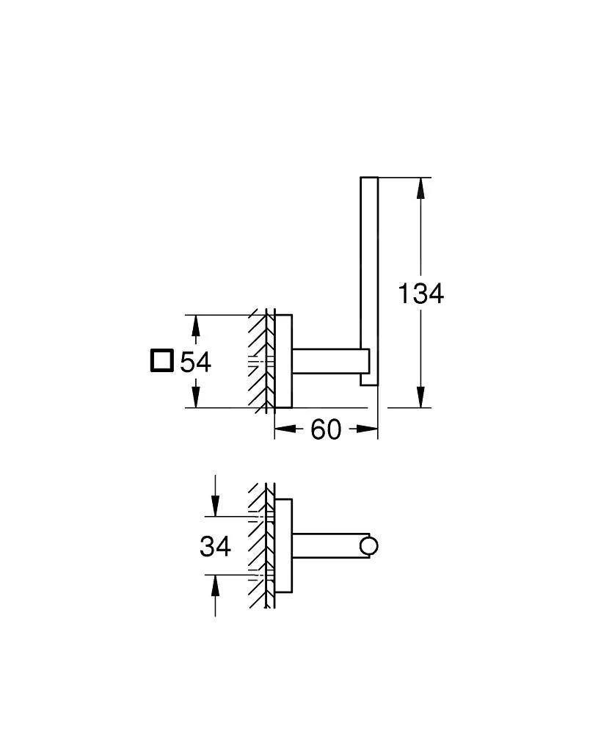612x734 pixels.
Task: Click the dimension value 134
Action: [420, 294]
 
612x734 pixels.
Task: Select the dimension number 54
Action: [195, 363]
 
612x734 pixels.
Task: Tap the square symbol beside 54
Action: [161, 362]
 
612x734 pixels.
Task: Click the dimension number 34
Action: [215, 546]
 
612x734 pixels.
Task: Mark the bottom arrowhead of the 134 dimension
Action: [420, 396]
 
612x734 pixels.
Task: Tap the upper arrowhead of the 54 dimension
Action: [195, 324]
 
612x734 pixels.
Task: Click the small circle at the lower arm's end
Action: [368, 545]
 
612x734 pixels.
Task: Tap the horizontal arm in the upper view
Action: [327, 361]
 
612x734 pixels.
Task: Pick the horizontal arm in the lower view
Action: [327, 545]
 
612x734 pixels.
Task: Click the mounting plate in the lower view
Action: [283, 545]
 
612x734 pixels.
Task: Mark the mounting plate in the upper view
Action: [283, 361]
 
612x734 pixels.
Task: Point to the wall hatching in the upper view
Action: [259, 361]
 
